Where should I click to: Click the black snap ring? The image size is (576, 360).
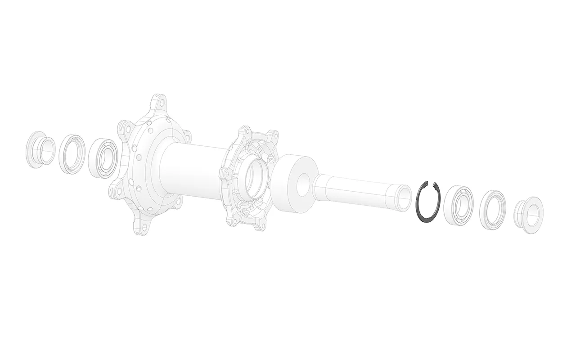[x=418, y=211]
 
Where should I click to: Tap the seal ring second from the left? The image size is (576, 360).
[x=71, y=154]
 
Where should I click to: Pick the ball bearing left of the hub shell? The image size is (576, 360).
[x=103, y=158]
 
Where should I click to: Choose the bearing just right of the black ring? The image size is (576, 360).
[x=458, y=205]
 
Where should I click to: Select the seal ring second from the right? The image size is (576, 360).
[x=492, y=210]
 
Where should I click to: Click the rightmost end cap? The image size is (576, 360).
[x=529, y=215]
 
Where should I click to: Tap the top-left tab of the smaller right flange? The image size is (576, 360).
[x=245, y=133]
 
